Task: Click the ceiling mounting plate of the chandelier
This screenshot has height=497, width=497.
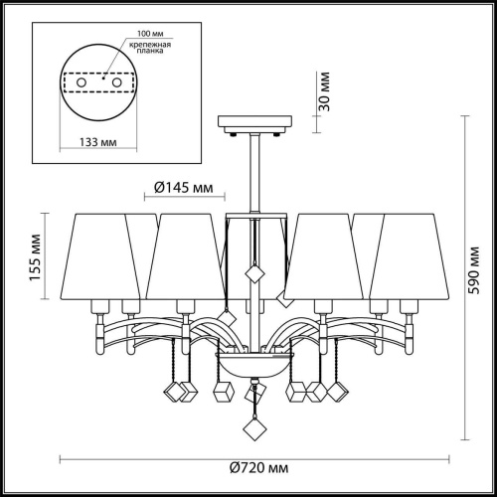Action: [x=255, y=125]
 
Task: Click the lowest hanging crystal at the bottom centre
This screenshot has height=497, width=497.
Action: [x=255, y=429]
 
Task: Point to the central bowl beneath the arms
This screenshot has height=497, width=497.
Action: [x=254, y=366]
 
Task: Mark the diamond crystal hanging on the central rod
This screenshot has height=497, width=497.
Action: [x=253, y=274]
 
